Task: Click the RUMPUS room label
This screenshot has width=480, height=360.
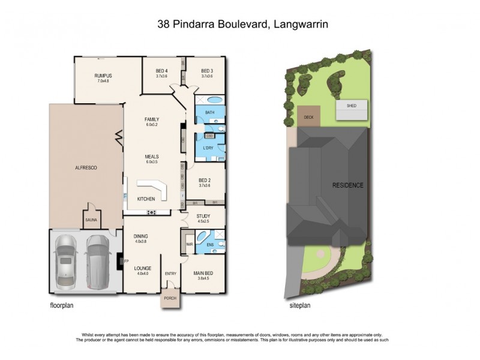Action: pyautogui.click(x=103, y=76)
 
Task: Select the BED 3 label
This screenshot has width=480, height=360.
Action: pyautogui.click(x=208, y=71)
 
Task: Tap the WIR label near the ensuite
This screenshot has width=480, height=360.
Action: pyautogui.click(x=190, y=244)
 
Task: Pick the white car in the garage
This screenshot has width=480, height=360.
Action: pyautogui.click(x=66, y=259)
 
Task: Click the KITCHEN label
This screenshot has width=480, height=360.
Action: pyautogui.click(x=146, y=199)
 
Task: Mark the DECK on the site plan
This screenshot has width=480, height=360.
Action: pyautogui.click(x=309, y=117)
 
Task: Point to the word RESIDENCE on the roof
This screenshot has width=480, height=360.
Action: pyautogui.click(x=348, y=185)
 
